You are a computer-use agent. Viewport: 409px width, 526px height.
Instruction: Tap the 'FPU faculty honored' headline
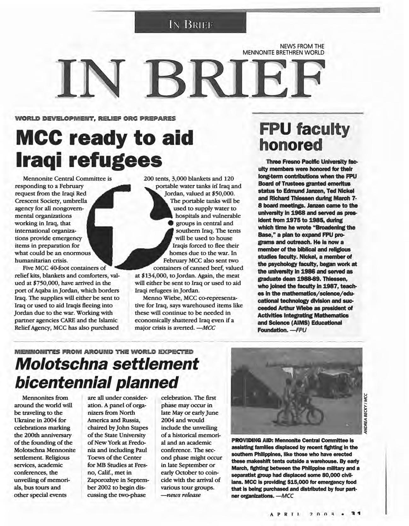coord(304,137)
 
